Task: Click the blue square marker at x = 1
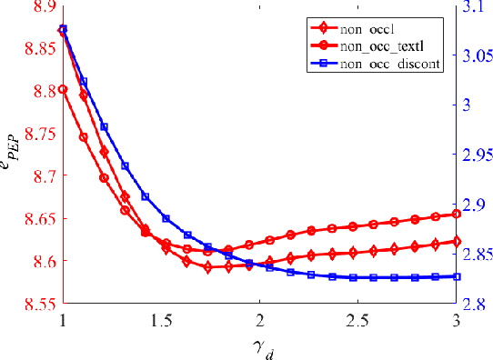coord(63,29)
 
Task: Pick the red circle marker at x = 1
coord(63,89)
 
